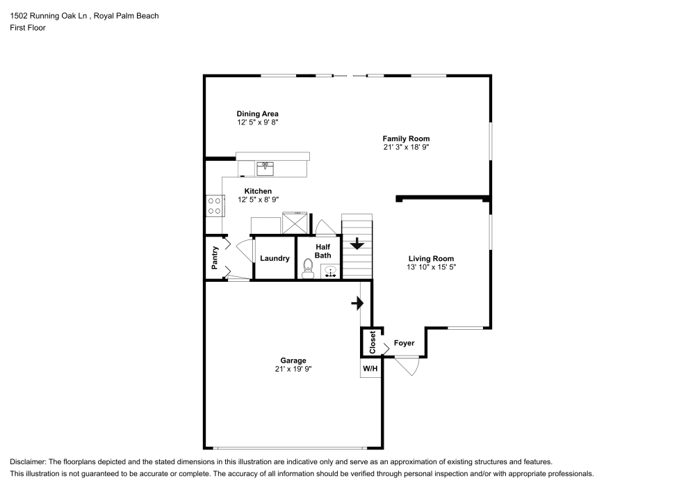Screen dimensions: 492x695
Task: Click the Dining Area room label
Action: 257,113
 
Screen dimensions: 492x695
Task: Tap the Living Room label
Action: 431,258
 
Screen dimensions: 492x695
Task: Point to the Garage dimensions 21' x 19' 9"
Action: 293,369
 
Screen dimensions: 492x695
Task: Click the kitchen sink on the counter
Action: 264,167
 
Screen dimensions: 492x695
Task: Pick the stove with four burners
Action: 214,205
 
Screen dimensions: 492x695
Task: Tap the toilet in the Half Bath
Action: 308,267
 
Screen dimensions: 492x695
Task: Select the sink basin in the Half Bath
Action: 331,271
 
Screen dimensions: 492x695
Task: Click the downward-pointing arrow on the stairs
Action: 357,244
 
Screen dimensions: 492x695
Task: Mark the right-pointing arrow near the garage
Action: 357,303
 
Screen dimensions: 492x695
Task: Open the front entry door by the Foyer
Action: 407,365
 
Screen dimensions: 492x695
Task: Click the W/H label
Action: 370,369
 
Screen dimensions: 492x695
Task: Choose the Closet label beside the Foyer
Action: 372,342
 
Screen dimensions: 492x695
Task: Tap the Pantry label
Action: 215,257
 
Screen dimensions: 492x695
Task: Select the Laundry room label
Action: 275,258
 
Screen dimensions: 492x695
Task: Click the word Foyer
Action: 404,343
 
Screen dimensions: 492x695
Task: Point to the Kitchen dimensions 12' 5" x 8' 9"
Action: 257,199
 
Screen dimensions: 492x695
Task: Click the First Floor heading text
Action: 28,28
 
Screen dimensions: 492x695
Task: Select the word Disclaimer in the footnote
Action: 28,462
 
